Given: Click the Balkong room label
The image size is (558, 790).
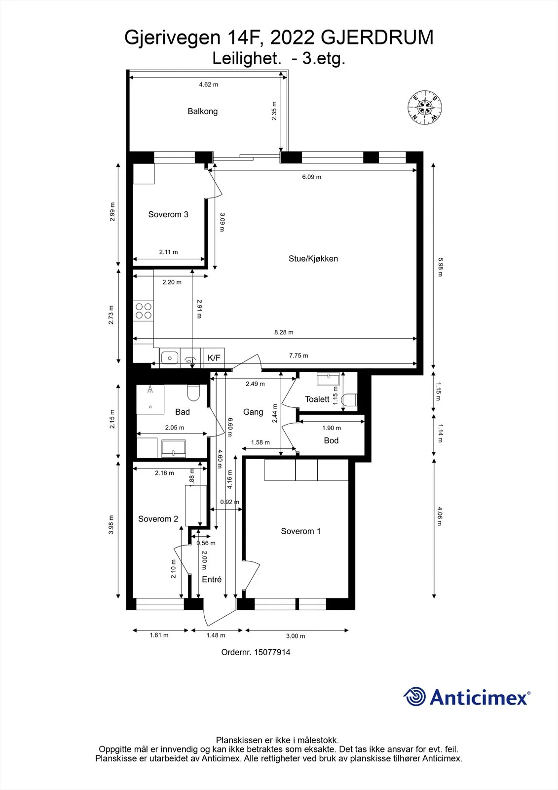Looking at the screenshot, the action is [202, 112].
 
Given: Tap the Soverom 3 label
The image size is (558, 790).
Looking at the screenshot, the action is [168, 214].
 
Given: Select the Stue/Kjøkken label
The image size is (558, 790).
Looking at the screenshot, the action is [313, 259].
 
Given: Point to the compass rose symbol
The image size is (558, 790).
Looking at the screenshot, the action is [425, 107].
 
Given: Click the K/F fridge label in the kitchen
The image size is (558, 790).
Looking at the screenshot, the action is [214, 358].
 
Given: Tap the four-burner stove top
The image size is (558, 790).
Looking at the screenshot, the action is [144, 311].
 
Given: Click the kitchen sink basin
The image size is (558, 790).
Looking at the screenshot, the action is [170, 358].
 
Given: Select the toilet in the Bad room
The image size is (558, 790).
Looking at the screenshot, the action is [193, 393].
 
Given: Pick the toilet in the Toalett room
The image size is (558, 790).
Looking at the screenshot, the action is [350, 399].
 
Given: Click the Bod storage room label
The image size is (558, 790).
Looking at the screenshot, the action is [331, 440].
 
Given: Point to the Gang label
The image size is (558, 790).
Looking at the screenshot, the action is [253, 412].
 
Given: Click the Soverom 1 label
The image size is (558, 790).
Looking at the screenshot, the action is [300, 531].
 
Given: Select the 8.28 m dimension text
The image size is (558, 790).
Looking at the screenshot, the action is [284, 332].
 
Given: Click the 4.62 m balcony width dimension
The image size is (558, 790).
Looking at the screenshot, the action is [208, 84].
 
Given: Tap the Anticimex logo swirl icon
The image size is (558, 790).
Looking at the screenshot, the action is [414, 696].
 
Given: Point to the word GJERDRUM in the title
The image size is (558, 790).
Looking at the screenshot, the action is [377, 38].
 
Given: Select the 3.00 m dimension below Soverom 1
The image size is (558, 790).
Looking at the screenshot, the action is [296, 636].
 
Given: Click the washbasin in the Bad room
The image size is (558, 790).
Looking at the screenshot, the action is [173, 448].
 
